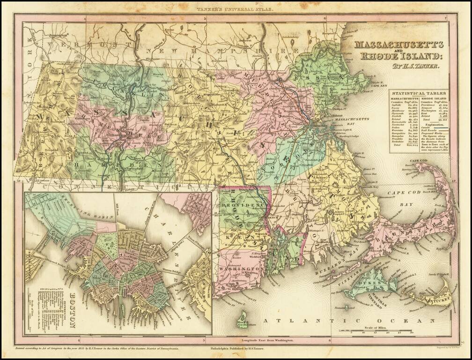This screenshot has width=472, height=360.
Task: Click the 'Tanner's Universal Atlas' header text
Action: [236, 8]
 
